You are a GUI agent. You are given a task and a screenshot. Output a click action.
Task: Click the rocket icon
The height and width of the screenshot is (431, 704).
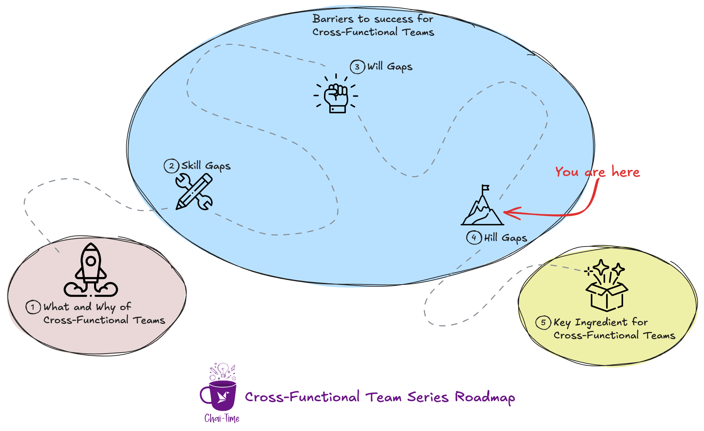click(x=91, y=270)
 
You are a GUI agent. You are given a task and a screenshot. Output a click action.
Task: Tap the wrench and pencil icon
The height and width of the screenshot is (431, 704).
click(x=194, y=192)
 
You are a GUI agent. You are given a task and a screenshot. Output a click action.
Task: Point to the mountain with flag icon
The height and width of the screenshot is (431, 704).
click(x=482, y=209)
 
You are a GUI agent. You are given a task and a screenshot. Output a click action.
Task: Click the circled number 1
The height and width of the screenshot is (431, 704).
click(x=33, y=307)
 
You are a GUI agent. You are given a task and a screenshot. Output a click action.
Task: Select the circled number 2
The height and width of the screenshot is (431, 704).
click(x=171, y=166)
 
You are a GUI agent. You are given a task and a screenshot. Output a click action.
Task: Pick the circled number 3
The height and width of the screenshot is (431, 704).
click(x=357, y=67)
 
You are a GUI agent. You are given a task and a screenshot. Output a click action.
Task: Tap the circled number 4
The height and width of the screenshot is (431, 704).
click(x=474, y=237)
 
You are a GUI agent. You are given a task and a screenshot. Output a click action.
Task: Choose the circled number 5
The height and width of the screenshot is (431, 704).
click(x=543, y=322)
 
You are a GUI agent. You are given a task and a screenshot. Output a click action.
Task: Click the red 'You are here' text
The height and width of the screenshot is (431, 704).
click(x=598, y=172)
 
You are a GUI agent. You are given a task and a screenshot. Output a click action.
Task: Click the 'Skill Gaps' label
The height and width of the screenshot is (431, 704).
click(x=206, y=166)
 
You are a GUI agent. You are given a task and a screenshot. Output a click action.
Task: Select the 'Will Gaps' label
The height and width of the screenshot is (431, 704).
click(x=390, y=67)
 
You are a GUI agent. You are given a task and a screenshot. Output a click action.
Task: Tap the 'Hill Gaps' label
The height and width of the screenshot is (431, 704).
click(x=505, y=238)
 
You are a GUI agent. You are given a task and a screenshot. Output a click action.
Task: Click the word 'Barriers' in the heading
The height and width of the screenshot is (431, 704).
click(x=333, y=19)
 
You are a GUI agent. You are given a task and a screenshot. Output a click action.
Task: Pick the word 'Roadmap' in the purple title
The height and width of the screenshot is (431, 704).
click(x=485, y=397)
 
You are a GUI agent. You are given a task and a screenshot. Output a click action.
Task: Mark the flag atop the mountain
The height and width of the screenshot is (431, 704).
click(x=485, y=188)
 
